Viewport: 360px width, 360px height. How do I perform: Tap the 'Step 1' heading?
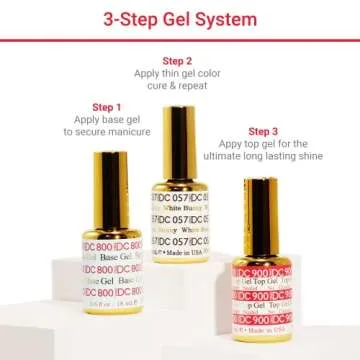106,107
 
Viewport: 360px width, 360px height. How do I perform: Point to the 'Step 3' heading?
263,131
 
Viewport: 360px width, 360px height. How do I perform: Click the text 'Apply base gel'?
106,119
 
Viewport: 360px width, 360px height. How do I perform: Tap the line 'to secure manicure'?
106,131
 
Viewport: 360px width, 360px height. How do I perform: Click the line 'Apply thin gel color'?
177,74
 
